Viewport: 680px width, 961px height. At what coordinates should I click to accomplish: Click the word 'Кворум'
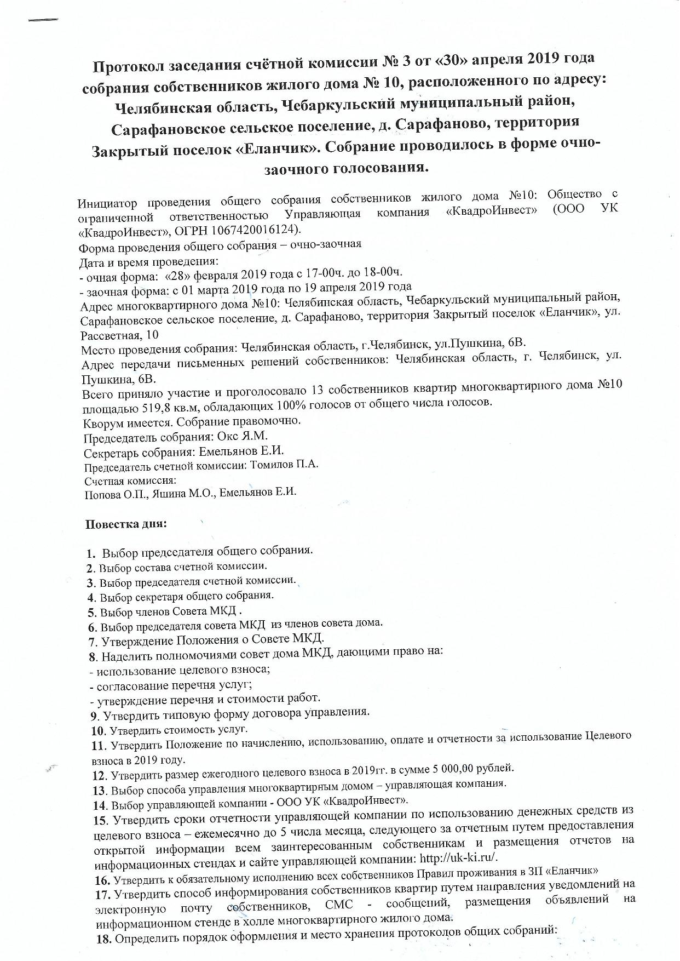click(102, 422)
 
